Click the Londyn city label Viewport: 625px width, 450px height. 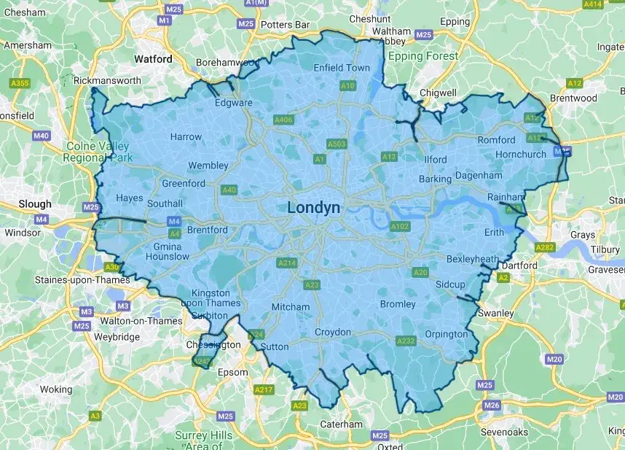coord(313,207)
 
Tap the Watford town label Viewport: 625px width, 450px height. coord(153,59)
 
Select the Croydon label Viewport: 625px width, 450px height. coord(333,333)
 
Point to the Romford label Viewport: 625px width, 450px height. coord(496,140)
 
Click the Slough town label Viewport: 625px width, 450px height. coord(35,204)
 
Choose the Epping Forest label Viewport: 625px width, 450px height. coord(423,56)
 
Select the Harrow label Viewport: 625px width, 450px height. coord(186,136)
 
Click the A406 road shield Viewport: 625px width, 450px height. coord(283,120)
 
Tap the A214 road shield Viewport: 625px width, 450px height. coord(286,263)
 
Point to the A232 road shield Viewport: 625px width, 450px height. coord(406,341)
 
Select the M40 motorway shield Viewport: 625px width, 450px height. coord(42,136)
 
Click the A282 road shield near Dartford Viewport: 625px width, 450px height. coord(544,248)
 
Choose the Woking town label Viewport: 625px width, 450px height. coord(56,389)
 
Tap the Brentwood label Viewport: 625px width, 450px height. coord(573,98)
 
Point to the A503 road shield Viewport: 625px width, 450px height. coord(337,144)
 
